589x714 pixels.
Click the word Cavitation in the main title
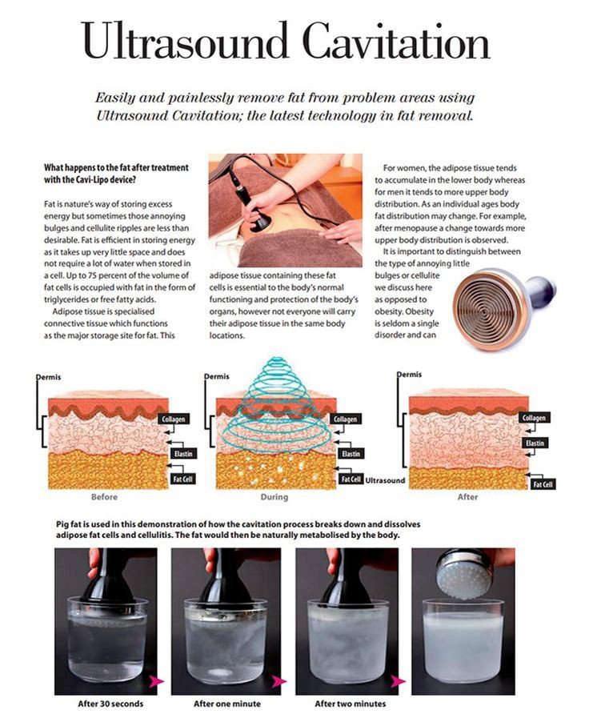click(395, 41)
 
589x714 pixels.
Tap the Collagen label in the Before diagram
click(174, 419)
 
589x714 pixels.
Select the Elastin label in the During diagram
click(351, 454)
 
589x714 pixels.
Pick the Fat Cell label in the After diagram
click(543, 484)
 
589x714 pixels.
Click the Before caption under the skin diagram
click(104, 497)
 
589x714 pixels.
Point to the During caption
click(274, 497)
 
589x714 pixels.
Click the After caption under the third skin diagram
click(467, 497)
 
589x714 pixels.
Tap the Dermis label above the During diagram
click(217, 376)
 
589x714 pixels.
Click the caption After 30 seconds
click(110, 704)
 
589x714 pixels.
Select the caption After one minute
click(227, 704)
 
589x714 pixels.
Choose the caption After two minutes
click(351, 704)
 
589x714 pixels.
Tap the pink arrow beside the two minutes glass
click(399, 681)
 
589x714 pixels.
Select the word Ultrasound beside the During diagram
click(385, 480)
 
